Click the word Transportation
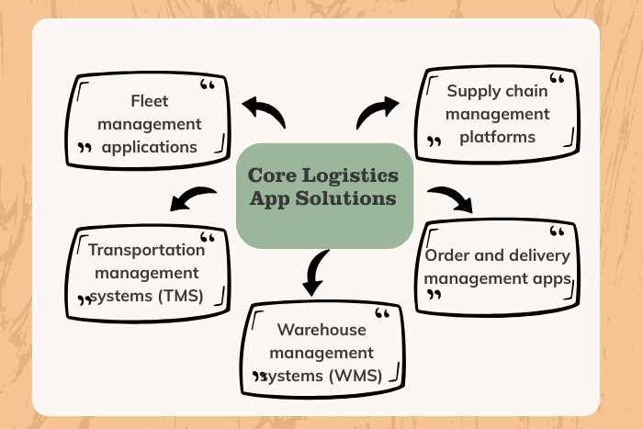147,250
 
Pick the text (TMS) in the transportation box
205,294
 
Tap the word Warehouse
321,330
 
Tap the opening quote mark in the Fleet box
209,88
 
